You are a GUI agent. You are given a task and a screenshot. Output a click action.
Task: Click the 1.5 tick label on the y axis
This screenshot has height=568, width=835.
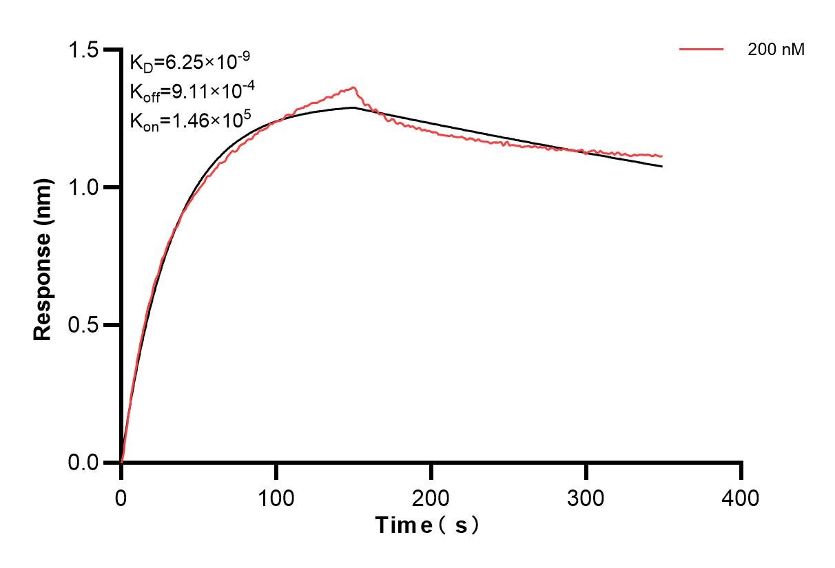tap(84, 50)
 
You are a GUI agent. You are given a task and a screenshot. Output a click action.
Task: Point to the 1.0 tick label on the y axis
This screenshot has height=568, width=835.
tap(84, 187)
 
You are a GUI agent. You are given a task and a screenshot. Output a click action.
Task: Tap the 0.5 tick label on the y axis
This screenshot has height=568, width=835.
tap(84, 325)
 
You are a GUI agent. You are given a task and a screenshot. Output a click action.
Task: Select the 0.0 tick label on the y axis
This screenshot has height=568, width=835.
tap(84, 462)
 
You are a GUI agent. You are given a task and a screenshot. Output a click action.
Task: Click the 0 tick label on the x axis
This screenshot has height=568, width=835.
tap(121, 497)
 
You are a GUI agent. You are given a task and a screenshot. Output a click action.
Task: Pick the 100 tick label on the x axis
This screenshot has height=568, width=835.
tap(276, 497)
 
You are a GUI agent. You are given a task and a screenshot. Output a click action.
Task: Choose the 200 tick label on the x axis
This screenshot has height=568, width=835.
tap(431, 497)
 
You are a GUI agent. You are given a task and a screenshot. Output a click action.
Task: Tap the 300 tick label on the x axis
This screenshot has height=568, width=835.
tap(586, 497)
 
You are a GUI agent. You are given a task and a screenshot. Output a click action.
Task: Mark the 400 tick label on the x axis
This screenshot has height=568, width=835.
tap(741, 497)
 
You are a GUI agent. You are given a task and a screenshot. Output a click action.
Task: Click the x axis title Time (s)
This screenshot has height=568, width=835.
tap(427, 525)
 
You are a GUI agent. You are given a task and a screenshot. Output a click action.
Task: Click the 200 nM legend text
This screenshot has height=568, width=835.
tap(776, 50)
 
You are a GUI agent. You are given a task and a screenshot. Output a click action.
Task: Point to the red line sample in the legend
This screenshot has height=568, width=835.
tap(701, 50)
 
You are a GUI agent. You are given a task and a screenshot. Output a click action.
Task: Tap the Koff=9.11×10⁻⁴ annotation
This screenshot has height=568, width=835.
tap(189, 91)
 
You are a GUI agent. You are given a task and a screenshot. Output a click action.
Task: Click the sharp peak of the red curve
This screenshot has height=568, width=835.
tap(353, 87)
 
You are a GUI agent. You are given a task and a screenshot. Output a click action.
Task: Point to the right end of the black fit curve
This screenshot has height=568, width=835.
tap(662, 167)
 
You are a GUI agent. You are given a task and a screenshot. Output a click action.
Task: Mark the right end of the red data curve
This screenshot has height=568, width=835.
tap(662, 156)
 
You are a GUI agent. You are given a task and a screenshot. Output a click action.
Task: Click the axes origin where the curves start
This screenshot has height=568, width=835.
tap(121, 462)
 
